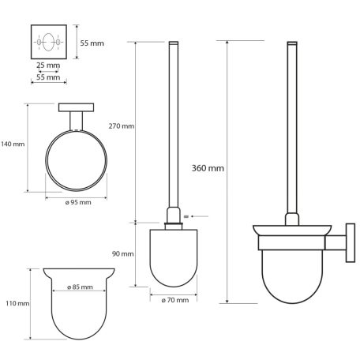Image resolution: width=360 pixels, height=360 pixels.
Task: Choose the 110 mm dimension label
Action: click(x=17, y=303)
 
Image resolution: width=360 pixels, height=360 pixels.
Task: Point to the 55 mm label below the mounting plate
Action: click(x=49, y=79)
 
